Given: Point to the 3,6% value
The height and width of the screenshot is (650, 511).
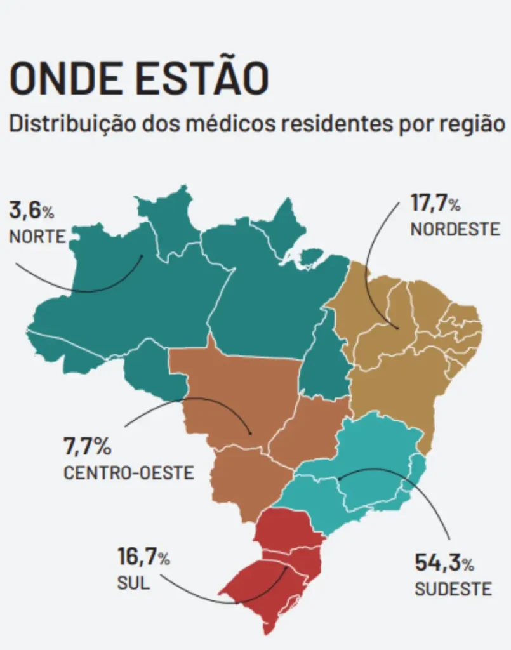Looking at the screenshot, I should tap(31, 209).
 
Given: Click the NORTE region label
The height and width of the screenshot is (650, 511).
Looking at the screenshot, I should tap(37, 237).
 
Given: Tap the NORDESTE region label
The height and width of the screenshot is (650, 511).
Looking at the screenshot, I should tap(455, 229).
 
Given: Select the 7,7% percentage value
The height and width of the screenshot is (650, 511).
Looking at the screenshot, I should tap(87, 447).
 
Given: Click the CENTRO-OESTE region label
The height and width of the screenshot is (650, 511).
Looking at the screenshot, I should tap(129, 474).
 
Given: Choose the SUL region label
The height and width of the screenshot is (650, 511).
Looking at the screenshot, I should tap(133, 583).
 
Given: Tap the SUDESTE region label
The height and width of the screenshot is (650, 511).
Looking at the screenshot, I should tap(453, 589).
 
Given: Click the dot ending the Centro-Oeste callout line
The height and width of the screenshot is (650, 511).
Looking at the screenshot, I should tap(251, 434).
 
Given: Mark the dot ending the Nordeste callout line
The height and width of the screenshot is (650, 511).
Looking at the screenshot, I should tap(397, 328).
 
